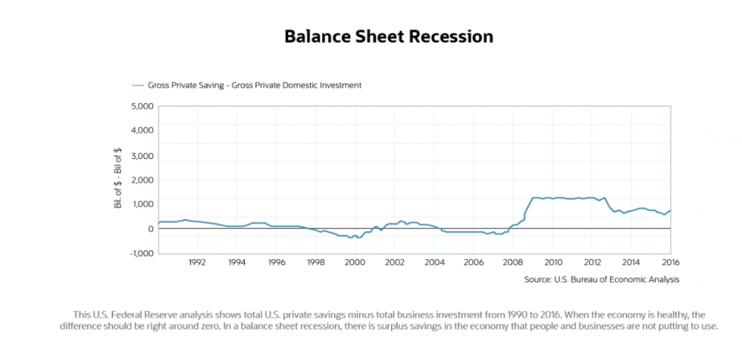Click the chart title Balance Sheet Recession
[389, 36]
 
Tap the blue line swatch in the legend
[138, 85]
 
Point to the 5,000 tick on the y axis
[142, 106]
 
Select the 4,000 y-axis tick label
[142, 131]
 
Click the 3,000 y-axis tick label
[142, 155]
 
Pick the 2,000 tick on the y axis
[142, 180]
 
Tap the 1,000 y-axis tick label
[142, 204]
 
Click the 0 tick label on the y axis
[150, 229]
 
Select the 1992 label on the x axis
[197, 262]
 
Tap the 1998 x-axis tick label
[315, 262]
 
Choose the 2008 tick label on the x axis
[513, 262]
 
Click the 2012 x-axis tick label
[592, 262]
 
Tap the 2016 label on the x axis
[670, 262]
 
